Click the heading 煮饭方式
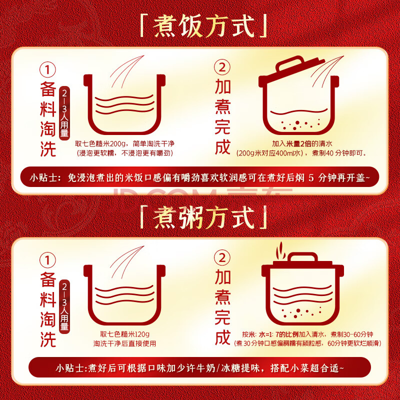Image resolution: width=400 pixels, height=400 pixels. pos(203,26)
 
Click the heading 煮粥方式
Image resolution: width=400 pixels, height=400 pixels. pos(203,217)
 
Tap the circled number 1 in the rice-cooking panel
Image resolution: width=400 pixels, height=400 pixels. pos(47,69)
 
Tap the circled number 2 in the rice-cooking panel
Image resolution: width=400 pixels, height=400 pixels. pos(222,67)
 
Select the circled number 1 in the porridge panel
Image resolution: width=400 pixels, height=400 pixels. pos(47,260)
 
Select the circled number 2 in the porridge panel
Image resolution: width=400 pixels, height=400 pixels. pos(222,257)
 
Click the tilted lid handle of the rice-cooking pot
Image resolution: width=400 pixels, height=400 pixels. pos(290,63)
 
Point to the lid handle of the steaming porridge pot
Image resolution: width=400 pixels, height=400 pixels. pos(303,256)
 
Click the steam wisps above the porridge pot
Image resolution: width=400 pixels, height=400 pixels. pos(280,249)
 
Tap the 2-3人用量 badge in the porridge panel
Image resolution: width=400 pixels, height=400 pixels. pos(64,306)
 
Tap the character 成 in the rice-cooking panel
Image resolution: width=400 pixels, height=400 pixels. pos(222,147)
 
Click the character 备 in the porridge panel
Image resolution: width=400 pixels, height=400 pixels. pos(48,279)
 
